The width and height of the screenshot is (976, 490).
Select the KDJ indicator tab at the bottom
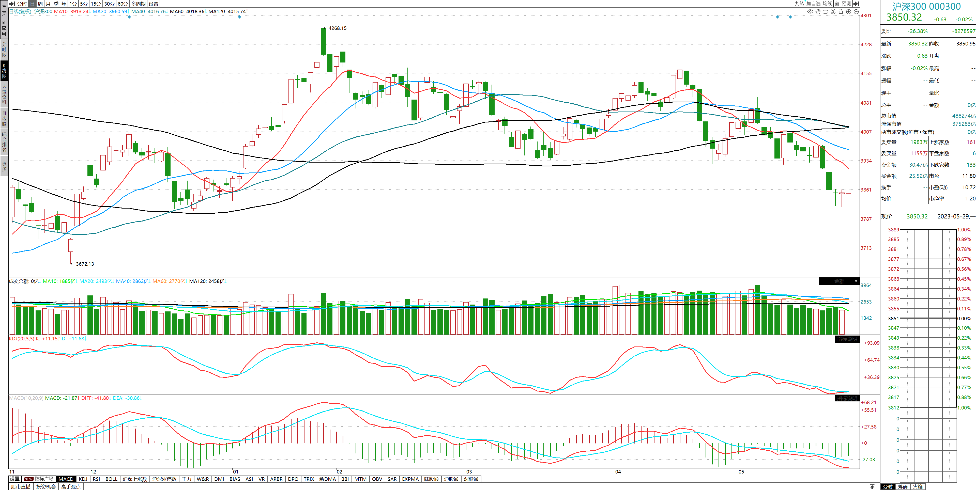(83, 479)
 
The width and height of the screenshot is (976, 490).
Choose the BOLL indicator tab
(111, 479)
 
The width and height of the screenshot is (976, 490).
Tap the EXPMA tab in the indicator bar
(410, 479)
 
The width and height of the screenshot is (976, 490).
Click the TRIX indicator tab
(309, 479)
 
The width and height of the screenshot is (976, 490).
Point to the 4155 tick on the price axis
(866, 73)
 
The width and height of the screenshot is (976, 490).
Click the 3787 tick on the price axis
(866, 219)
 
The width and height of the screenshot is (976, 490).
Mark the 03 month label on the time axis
(469, 472)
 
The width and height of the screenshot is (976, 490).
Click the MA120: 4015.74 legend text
(227, 11)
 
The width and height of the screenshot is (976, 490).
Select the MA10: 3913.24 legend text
(71, 11)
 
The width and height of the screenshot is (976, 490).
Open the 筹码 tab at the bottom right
(903, 487)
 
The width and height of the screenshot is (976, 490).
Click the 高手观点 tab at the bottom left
(71, 487)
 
